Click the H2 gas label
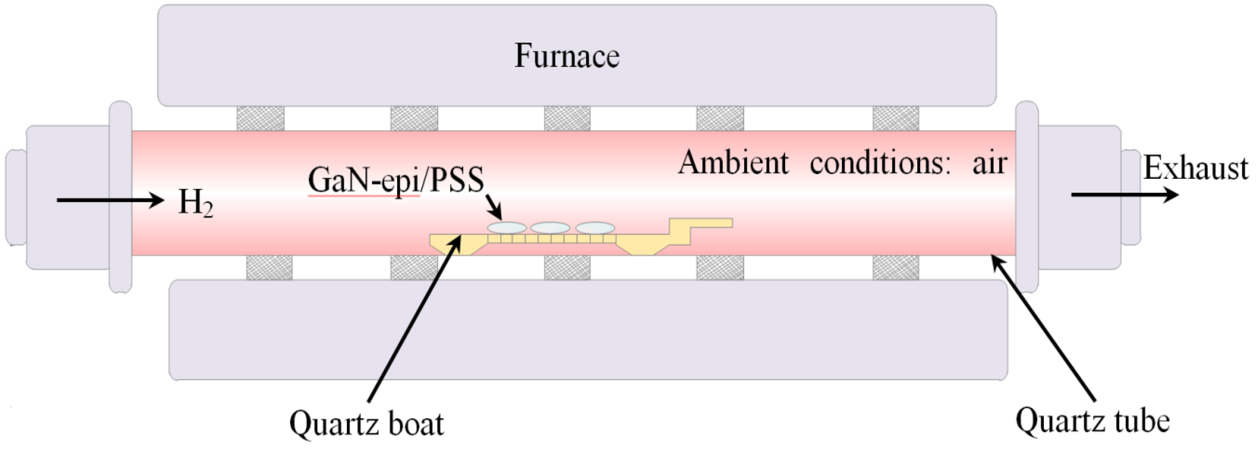(x=195, y=202)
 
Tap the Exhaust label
(x=1195, y=169)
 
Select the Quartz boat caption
(x=366, y=423)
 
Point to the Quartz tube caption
(x=1093, y=420)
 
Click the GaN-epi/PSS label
(x=396, y=180)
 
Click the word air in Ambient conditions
(x=989, y=163)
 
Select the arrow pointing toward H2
(x=110, y=200)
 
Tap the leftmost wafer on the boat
(x=507, y=228)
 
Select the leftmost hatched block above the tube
(x=260, y=119)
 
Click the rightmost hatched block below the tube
(x=896, y=267)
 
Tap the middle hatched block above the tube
(x=567, y=119)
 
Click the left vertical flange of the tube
(x=120, y=197)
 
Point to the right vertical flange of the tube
(x=1026, y=197)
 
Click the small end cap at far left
(x=16, y=197)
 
